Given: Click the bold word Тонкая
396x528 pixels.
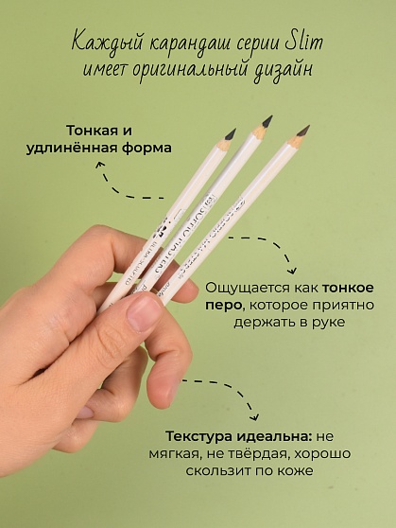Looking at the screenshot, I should (x=91, y=131).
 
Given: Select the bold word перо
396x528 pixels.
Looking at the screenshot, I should (x=224, y=305).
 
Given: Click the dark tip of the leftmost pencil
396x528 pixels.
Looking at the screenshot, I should (x=230, y=134).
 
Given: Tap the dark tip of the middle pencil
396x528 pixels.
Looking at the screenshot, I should (x=267, y=120).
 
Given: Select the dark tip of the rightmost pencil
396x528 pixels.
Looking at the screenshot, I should (x=303, y=131).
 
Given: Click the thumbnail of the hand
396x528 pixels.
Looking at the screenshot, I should (x=145, y=311).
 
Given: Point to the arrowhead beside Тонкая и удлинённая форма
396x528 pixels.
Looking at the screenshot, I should (x=102, y=164).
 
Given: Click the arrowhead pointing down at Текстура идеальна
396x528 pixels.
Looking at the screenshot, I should (x=254, y=416).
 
